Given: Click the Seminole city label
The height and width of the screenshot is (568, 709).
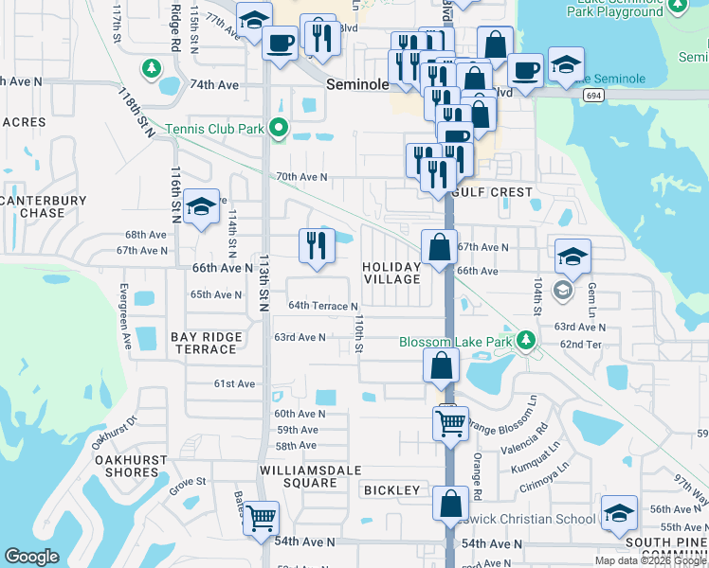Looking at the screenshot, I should (357, 84).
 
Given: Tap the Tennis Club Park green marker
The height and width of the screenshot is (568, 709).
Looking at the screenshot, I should (278, 128).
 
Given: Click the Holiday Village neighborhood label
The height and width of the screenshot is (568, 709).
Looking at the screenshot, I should (391, 273).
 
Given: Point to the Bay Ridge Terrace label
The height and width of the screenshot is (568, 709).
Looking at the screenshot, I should (206, 343).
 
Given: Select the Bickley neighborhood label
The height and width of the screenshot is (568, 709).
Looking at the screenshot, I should (391, 490).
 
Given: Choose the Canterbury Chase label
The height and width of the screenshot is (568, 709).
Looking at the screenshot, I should (44, 206).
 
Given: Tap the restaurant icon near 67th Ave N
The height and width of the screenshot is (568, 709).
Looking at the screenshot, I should (318, 245).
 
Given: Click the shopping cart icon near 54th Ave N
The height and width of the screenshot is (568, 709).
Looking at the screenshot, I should (261, 518).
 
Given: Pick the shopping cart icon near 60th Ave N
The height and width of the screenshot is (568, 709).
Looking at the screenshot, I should (450, 421).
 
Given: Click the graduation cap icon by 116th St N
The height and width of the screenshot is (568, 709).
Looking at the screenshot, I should (201, 208).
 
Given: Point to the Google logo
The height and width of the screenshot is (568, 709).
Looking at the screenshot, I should (31, 557).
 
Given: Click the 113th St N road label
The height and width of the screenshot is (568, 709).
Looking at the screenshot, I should (264, 284).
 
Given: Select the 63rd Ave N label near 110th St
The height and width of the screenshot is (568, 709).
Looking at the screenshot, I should (300, 337).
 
